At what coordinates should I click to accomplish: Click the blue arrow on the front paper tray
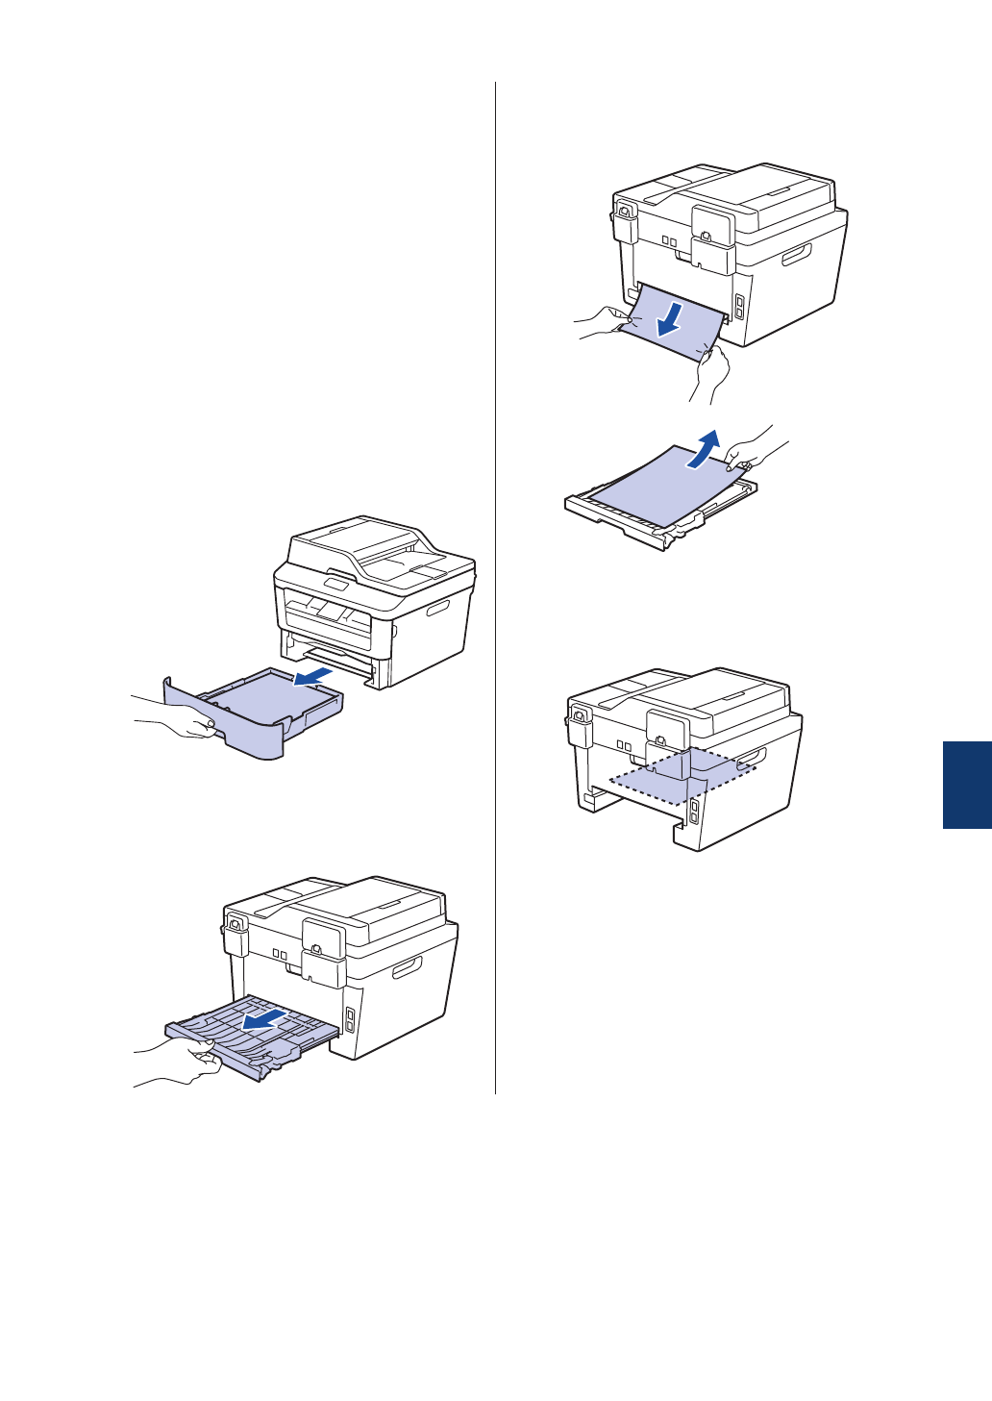click(314, 677)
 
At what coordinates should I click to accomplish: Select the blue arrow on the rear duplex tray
click(263, 1018)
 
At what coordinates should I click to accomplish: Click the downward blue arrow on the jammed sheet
click(671, 320)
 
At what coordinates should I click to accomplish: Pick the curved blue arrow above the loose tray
click(706, 450)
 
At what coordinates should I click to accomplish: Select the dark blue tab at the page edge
click(966, 785)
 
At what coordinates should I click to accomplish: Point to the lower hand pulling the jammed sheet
click(710, 371)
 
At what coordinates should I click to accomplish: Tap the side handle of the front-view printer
click(437, 610)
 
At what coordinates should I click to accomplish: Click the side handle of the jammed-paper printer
click(797, 255)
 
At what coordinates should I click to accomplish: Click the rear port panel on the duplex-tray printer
click(350, 1019)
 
